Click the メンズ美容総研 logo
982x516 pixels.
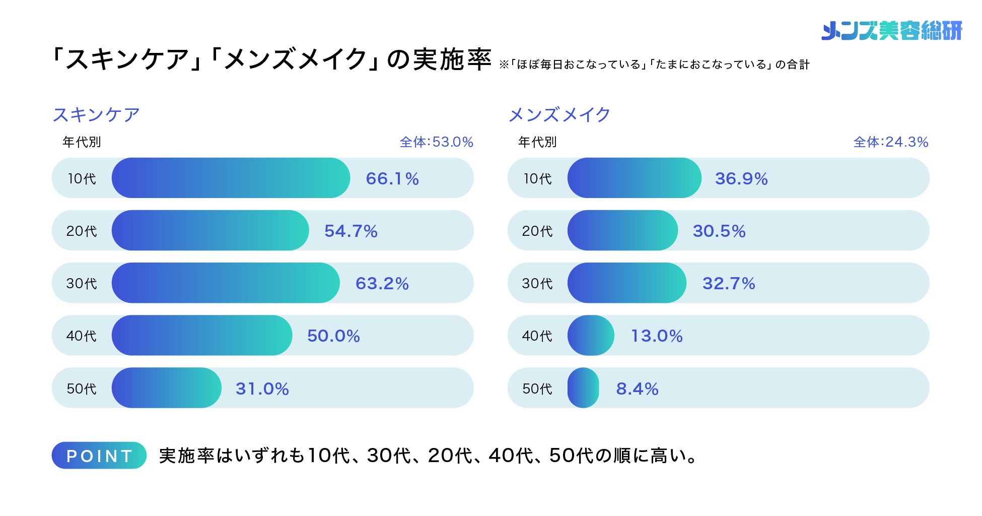pos(891,30)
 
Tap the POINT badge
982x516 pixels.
pos(99,456)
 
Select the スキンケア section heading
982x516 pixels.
pos(96,115)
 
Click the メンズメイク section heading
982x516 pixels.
pos(559,115)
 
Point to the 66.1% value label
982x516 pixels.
pos(392,178)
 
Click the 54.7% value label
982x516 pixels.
pos(351,231)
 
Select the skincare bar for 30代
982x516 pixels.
pos(226,283)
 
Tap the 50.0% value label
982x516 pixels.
pos(333,336)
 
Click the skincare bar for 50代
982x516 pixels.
pos(166,388)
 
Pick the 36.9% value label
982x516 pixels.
pos(741,178)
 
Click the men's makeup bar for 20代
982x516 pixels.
pos(622,230)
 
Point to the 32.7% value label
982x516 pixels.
pos(729,283)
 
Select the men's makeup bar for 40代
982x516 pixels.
pos(591,335)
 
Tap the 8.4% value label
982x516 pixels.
pos(637,389)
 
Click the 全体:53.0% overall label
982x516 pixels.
pos(436,142)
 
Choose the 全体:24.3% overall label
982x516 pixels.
pos(891,142)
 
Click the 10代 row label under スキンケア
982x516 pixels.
pos(82,178)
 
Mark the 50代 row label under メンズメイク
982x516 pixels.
pos(537,389)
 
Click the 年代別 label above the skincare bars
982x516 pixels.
pos(82,142)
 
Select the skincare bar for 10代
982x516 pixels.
pos(231,178)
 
